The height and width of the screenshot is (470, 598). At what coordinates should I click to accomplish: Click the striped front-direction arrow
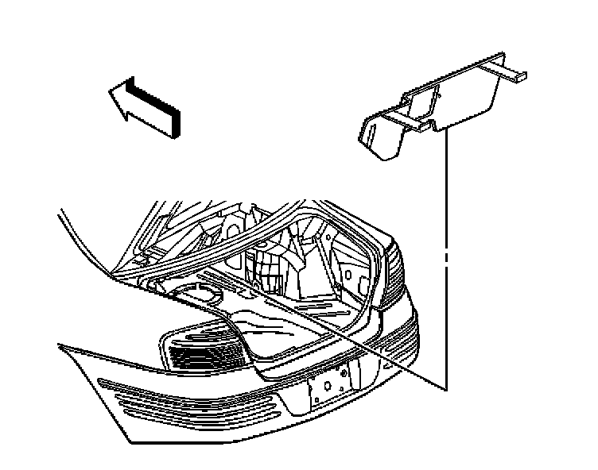[x=151, y=102]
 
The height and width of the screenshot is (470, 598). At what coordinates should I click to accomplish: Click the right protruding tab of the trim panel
[x=509, y=73]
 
